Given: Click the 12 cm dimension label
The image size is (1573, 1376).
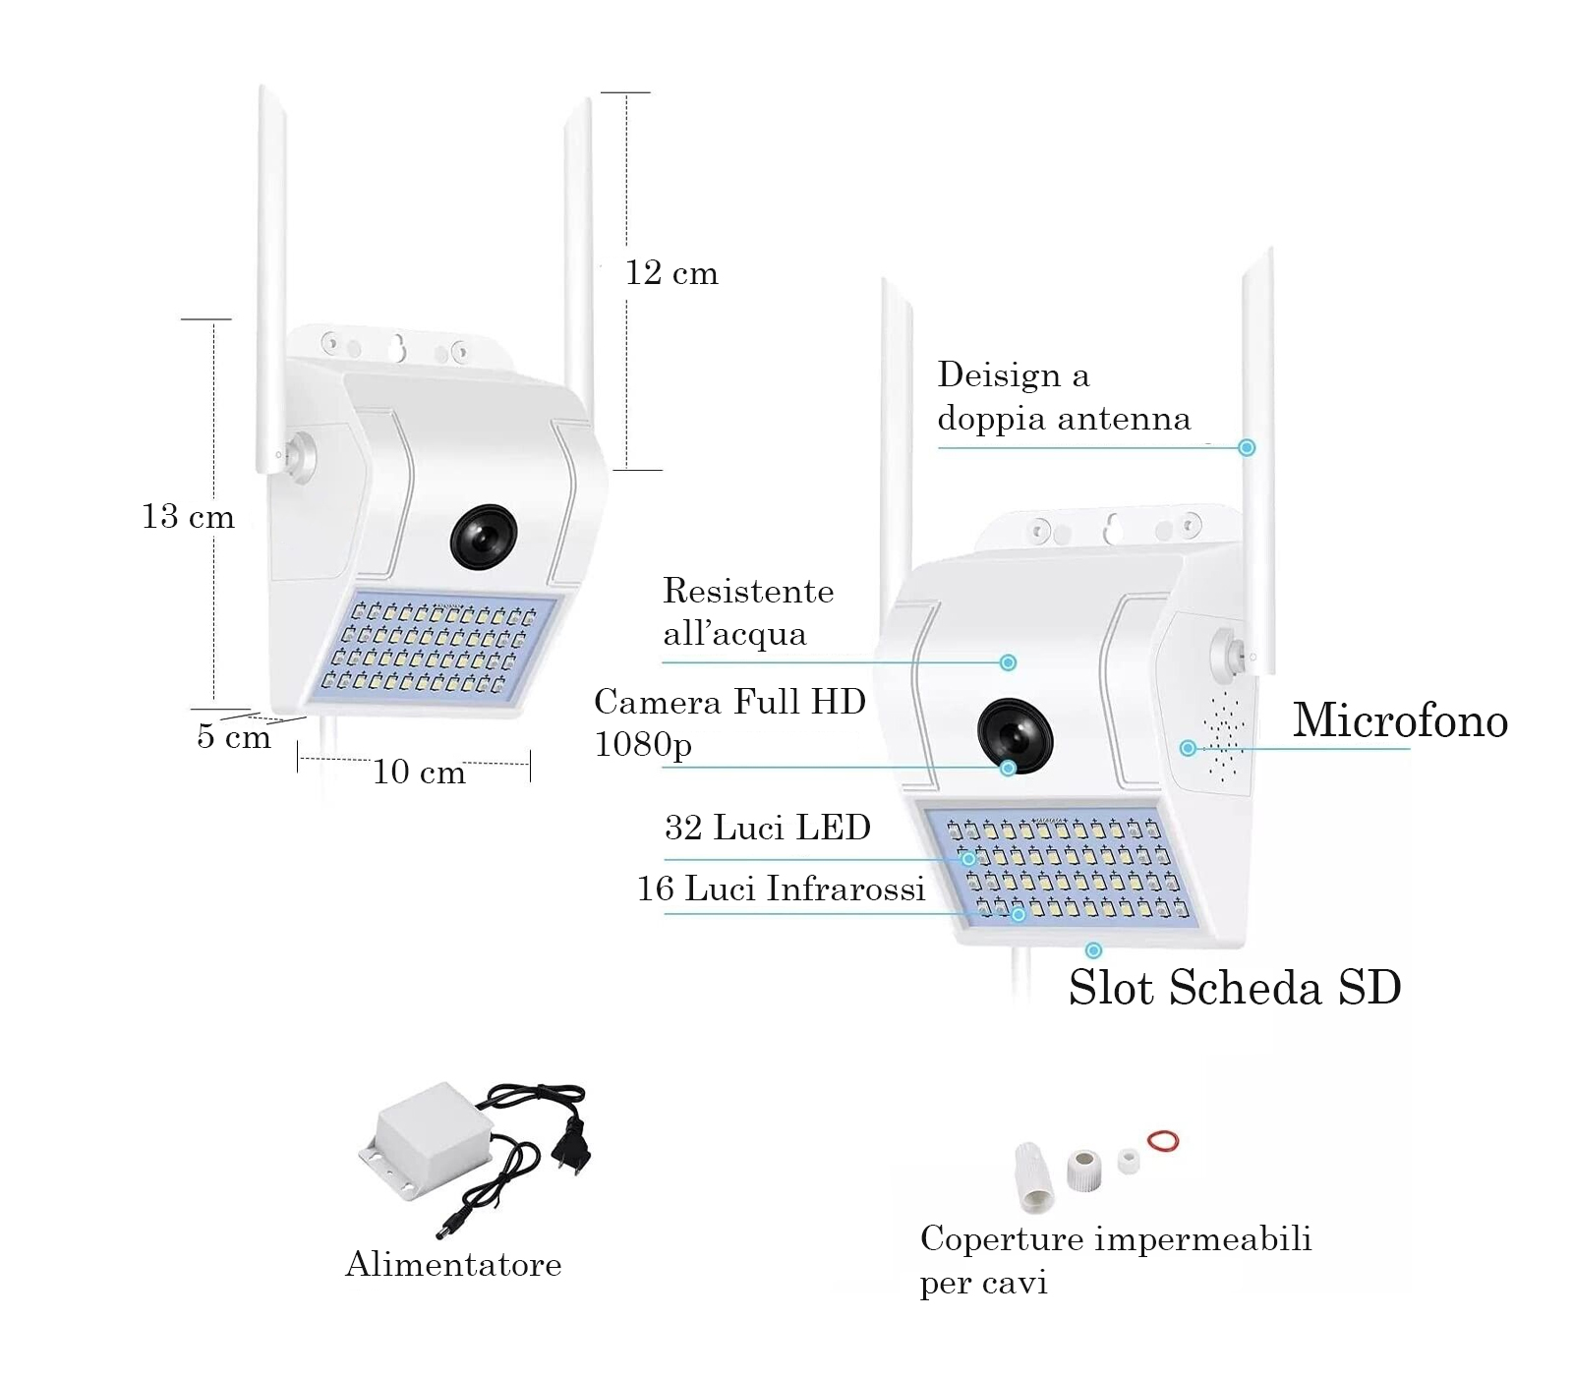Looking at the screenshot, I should [671, 273].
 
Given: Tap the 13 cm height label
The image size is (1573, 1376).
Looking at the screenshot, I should [188, 517].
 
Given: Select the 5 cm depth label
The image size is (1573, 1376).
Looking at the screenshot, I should [233, 736].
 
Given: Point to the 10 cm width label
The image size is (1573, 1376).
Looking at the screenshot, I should [419, 773].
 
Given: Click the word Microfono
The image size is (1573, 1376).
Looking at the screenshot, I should [1399, 720].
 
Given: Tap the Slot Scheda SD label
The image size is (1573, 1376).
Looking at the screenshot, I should [1235, 988].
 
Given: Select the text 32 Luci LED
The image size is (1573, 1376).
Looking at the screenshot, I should [767, 828].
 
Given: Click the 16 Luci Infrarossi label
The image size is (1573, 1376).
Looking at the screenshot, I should [781, 889].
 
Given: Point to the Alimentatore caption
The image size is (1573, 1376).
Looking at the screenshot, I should [453, 1264].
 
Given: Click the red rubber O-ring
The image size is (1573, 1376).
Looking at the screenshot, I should [1163, 1141].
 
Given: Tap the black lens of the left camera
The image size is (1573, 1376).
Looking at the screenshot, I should [484, 537].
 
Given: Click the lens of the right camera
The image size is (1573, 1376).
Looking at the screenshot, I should [1015, 734].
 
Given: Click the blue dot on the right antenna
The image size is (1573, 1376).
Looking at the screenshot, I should [1247, 448].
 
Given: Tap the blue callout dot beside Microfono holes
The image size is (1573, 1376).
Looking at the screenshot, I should [1188, 749].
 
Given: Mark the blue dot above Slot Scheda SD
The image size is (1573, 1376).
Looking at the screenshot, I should [1093, 950].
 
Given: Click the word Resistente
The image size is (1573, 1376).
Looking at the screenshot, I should [748, 591].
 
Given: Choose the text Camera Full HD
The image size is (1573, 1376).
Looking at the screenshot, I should [729, 702].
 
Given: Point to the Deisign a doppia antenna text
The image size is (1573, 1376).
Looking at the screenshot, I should [1063, 397].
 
